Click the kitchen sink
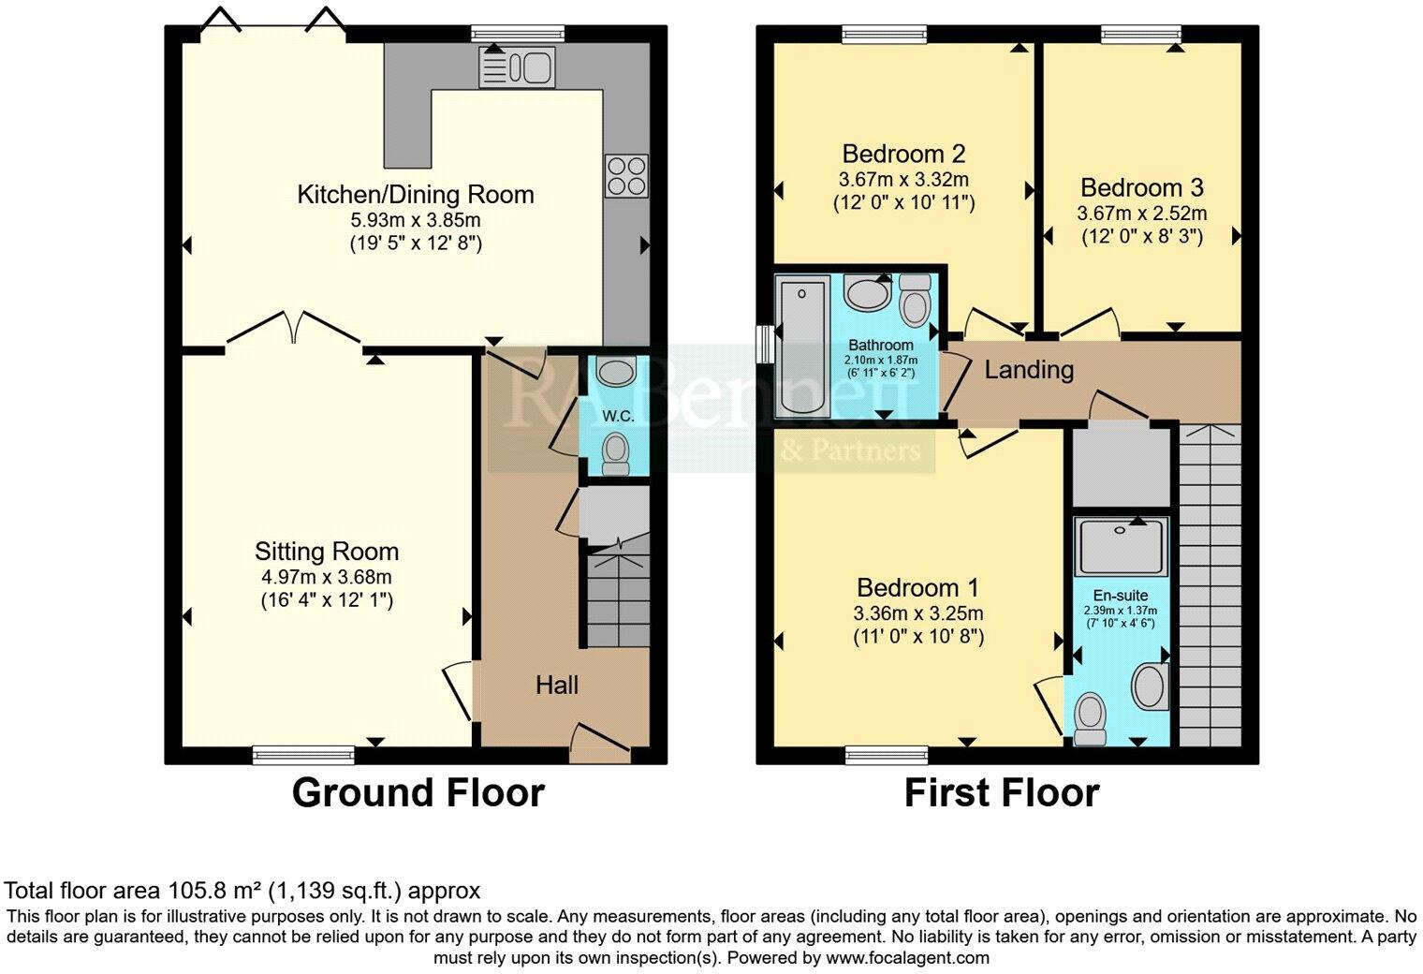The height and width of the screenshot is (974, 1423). (x=517, y=66)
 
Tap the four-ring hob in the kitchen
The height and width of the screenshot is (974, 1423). (x=626, y=175)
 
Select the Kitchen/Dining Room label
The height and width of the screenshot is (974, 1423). (x=416, y=195)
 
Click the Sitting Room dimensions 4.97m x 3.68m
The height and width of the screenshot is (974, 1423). (x=327, y=578)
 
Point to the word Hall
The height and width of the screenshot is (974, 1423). (x=557, y=686)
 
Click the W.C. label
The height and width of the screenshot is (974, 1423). (x=618, y=417)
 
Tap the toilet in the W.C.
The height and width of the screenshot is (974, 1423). (x=615, y=454)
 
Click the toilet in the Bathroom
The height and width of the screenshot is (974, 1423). (x=915, y=300)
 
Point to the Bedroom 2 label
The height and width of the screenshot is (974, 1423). (x=903, y=154)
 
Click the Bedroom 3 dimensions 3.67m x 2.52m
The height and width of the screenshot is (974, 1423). (x=1141, y=214)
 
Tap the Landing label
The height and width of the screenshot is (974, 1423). (x=1029, y=370)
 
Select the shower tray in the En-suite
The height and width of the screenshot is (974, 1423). (x=1122, y=546)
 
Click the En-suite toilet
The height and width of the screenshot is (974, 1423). (x=1090, y=719)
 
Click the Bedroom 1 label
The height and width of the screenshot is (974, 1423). (x=918, y=588)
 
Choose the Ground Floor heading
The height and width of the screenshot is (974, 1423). (x=418, y=793)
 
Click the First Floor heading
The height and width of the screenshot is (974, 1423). (x=1002, y=793)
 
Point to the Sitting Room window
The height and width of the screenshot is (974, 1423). (x=303, y=755)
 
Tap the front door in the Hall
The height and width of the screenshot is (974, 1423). (x=600, y=744)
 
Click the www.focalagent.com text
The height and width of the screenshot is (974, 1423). (x=907, y=958)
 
